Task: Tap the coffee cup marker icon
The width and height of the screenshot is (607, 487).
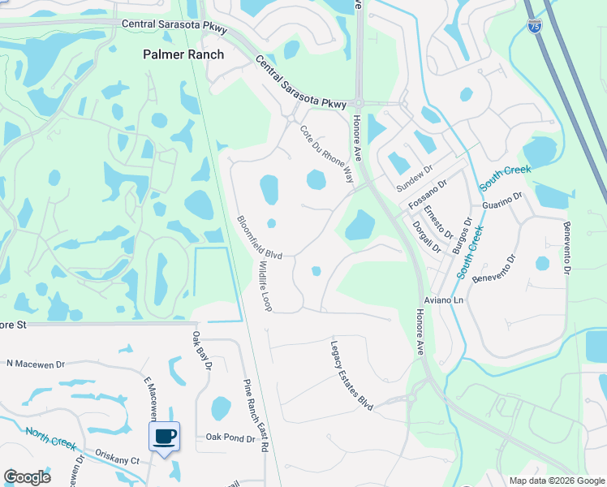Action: point(165,437)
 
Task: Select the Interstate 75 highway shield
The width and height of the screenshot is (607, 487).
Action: point(534,27)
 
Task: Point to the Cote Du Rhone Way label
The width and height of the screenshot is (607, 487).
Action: point(328,153)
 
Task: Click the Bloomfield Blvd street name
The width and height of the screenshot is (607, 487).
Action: point(259,237)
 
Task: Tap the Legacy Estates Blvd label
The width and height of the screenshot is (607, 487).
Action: point(351,374)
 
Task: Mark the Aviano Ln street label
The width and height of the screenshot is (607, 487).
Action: point(446,300)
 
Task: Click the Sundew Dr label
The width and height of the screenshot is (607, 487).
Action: point(415,176)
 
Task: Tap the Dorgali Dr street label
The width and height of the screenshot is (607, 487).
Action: point(425,236)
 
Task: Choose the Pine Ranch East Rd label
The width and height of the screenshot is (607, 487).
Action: point(256,416)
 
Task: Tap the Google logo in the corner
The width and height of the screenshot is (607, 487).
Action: point(27,477)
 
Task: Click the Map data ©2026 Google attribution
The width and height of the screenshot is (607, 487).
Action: point(556,481)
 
